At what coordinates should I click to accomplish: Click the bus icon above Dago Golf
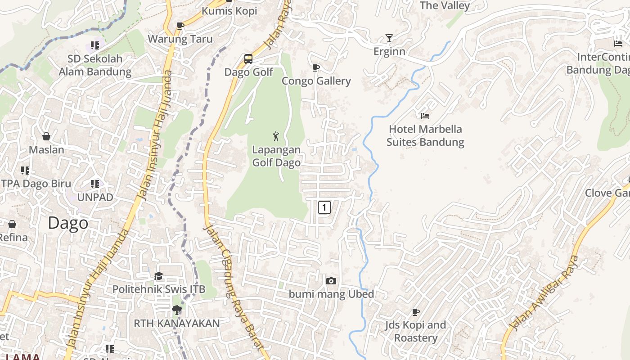coord(248,58)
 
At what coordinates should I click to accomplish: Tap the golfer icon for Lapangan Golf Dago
coord(276,136)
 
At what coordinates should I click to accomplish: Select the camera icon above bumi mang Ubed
coord(331,281)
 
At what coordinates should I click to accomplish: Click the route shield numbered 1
coord(324,207)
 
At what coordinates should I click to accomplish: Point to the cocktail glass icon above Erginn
coord(389,38)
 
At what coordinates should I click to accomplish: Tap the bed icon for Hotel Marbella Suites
coord(425,116)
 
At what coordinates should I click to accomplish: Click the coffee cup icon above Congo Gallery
coord(316,68)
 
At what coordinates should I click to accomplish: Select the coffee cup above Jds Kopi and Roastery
coord(415,312)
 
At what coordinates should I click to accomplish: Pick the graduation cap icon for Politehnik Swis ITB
coord(158,276)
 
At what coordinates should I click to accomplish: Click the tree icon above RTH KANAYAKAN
coord(176,310)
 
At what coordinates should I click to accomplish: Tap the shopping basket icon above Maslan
coord(46,136)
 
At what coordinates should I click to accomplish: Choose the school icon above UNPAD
coord(95,184)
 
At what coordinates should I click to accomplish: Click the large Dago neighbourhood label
coord(68,223)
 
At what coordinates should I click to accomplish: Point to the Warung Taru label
coord(180,39)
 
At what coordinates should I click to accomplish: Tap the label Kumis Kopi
coord(229,11)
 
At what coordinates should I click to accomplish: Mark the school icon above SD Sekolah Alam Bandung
coord(95,45)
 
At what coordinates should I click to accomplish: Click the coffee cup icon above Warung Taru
coord(180,26)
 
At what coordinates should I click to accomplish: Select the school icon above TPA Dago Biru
coord(25,170)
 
